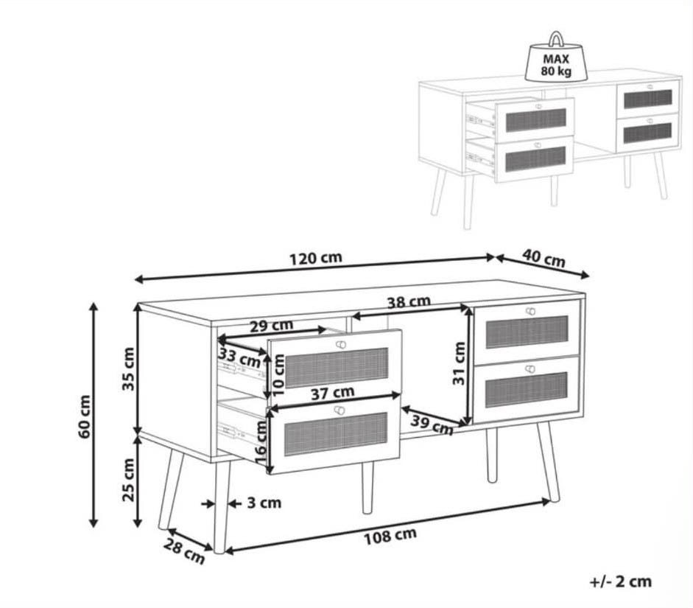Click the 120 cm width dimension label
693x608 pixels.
click(x=315, y=258)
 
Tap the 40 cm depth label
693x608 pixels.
click(x=544, y=258)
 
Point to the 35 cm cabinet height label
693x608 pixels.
click(x=128, y=368)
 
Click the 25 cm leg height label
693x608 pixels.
click(x=128, y=479)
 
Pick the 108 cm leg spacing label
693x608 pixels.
click(x=390, y=536)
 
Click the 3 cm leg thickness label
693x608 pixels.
click(x=264, y=503)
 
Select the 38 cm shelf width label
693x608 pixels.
click(x=409, y=302)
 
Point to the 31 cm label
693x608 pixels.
click(x=460, y=363)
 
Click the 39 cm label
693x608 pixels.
click(x=432, y=425)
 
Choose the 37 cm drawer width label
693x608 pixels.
click(x=332, y=393)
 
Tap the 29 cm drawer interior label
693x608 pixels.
click(x=271, y=326)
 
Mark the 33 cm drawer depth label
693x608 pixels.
click(x=239, y=357)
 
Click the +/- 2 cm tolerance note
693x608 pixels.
click(x=621, y=581)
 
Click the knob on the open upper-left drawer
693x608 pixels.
click(x=340, y=344)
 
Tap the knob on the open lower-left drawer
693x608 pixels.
click(x=340, y=410)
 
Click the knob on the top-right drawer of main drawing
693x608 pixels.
click(x=530, y=311)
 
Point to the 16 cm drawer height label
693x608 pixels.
click(x=261, y=441)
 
